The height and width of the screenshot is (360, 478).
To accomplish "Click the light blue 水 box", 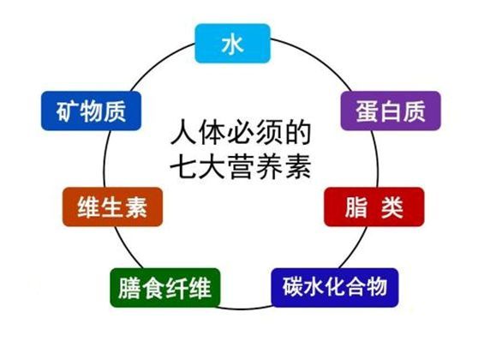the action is click(233, 44).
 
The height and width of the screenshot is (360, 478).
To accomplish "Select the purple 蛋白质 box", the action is click(391, 111).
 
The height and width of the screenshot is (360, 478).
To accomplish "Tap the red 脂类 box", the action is click(374, 207).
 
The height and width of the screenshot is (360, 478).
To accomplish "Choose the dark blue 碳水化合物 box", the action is click(335, 288).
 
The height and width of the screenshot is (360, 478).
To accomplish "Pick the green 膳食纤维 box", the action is click(165, 288).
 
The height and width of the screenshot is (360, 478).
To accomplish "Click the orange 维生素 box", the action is click(112, 207).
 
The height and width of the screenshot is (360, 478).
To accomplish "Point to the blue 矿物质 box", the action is click(91, 111).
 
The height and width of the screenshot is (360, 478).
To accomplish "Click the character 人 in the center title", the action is click(182, 133).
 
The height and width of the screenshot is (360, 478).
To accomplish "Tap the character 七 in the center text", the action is click(182, 167).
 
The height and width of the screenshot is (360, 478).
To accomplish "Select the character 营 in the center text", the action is click(241, 167).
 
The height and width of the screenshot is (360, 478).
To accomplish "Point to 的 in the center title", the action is click(299, 133).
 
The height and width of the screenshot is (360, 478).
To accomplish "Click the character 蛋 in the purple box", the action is click(367, 111).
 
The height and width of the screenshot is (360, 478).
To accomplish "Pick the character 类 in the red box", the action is click(392, 207).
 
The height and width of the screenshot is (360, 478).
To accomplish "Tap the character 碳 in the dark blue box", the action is click(293, 286).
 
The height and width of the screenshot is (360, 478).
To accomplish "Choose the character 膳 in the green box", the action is click(129, 288).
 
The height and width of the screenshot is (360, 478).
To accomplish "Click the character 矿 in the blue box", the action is click(68, 111).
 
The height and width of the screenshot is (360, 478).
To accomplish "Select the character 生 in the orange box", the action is click(112, 207).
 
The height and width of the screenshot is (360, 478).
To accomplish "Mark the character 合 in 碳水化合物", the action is click(356, 286).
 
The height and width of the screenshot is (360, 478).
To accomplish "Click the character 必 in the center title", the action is click(241, 133).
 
